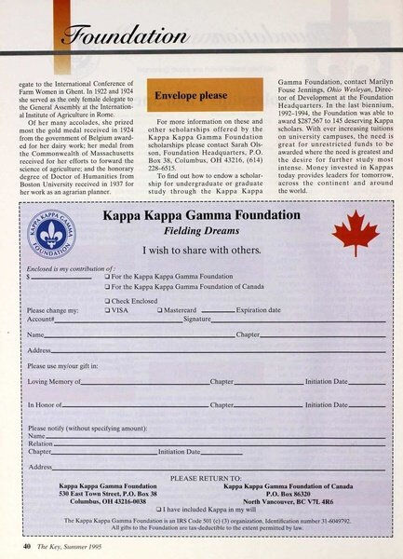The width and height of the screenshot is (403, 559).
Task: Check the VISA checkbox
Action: tap(109, 309)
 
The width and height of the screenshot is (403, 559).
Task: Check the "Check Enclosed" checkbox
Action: tap(109, 300)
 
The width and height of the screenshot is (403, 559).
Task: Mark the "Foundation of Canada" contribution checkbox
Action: tap(109, 288)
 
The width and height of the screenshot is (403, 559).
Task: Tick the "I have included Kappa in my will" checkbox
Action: tap(159, 509)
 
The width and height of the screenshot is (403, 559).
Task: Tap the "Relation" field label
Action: tap(41, 443)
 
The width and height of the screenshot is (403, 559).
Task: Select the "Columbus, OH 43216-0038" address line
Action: tap(108, 500)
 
